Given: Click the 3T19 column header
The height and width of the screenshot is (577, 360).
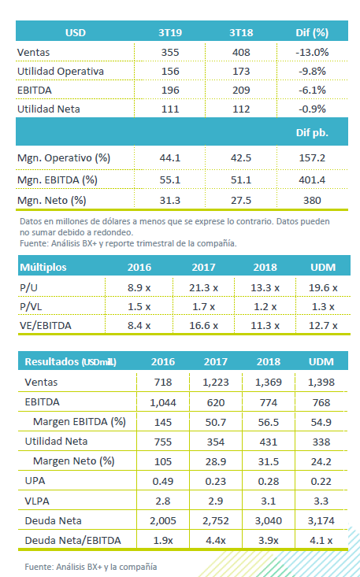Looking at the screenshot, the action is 170,33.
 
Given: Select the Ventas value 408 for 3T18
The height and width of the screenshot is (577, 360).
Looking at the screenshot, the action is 241,52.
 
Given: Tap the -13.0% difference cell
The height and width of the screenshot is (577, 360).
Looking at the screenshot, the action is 312,52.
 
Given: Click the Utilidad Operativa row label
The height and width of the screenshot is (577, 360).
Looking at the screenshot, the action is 61,71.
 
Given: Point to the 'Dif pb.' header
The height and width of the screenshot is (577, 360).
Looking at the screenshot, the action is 312,133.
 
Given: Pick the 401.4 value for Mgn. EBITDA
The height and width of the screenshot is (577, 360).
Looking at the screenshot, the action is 313,180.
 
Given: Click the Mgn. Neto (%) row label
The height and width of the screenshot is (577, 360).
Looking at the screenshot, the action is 51,201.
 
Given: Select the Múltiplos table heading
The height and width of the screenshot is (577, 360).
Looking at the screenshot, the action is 43,267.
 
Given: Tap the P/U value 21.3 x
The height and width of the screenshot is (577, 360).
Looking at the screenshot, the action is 203,288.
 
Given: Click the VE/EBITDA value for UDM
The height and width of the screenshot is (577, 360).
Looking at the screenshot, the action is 323,326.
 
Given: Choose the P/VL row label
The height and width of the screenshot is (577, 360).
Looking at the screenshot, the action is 31,306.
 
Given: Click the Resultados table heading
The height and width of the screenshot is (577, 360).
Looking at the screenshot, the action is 70,362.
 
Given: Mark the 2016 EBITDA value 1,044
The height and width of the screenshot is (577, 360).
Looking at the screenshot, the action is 163,402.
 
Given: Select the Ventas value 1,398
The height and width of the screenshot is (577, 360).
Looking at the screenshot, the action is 321,383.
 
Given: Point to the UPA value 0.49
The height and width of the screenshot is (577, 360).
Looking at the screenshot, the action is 163,481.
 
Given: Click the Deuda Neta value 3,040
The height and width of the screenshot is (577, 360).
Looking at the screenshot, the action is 269,520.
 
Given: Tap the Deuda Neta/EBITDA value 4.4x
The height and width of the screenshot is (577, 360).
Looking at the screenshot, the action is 216,541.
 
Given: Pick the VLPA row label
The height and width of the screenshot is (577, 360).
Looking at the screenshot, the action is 37,501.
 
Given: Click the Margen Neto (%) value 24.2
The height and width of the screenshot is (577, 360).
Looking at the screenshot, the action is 321,461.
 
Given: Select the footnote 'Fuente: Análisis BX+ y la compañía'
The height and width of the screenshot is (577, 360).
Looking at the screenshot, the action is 91,567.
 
